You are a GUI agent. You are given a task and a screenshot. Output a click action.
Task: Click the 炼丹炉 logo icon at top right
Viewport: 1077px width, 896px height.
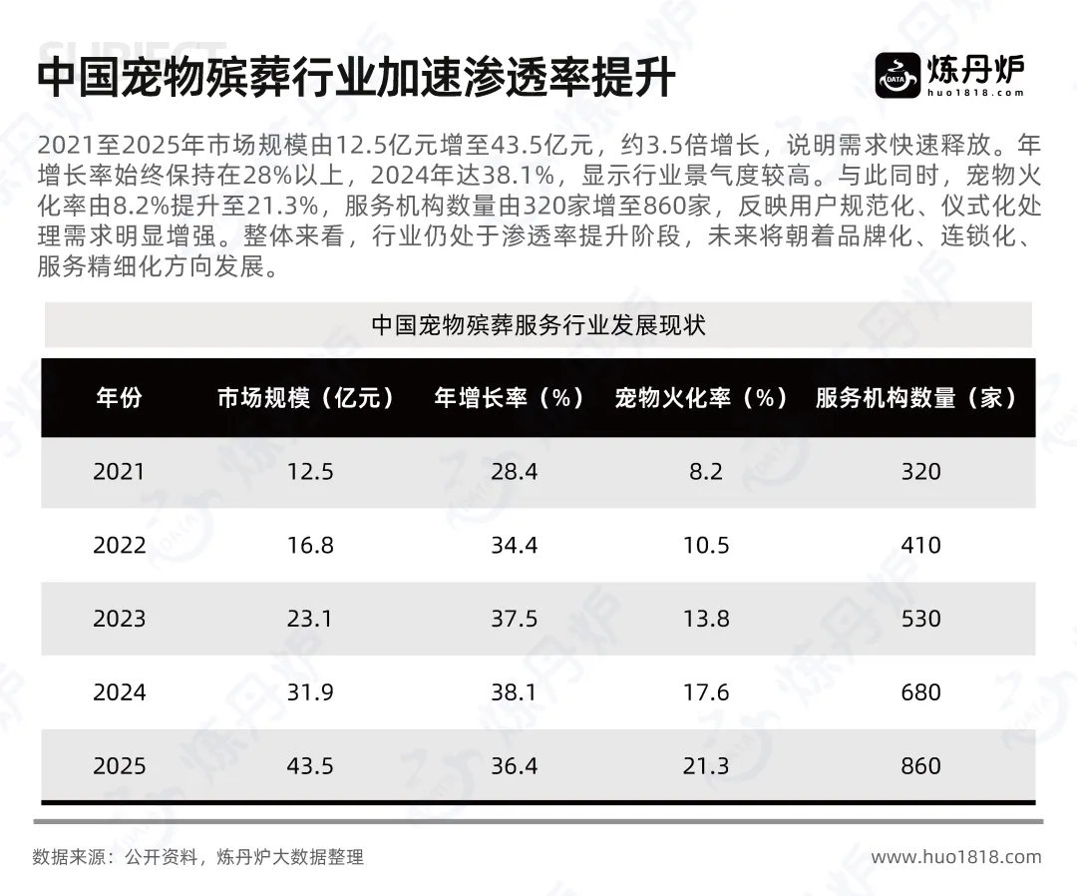(x=897, y=76)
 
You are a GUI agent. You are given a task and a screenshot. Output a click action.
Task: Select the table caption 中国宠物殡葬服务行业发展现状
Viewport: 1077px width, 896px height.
(x=538, y=325)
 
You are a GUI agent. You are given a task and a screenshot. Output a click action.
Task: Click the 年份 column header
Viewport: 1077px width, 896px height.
(x=119, y=398)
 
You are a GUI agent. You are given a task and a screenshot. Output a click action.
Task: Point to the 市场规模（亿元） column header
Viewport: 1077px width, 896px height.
(x=306, y=398)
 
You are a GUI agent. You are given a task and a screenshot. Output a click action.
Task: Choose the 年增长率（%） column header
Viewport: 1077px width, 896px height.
(x=510, y=398)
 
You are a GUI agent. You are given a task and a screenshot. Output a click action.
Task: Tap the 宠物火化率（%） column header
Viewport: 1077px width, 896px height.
(x=701, y=398)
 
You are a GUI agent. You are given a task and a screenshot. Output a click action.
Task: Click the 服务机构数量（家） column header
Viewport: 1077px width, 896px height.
(x=916, y=398)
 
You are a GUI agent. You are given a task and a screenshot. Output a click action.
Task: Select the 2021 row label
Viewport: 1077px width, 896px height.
(x=119, y=472)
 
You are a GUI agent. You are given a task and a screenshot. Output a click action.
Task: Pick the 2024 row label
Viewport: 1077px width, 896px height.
(x=119, y=692)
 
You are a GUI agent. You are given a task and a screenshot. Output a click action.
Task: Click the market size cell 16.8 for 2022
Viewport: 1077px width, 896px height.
(x=310, y=546)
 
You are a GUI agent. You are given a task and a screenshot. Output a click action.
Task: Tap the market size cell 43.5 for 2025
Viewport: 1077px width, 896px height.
(x=310, y=766)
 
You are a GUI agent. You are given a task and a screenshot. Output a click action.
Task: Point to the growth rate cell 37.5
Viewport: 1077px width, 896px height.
(x=514, y=619)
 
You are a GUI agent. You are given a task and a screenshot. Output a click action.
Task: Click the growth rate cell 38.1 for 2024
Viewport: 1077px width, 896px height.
(x=514, y=692)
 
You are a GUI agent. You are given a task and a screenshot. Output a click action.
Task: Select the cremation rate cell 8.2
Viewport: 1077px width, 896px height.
(x=706, y=472)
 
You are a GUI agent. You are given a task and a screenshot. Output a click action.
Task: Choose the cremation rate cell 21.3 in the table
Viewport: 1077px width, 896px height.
(x=705, y=766)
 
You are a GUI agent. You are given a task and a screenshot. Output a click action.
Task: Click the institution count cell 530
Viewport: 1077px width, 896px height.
(x=921, y=619)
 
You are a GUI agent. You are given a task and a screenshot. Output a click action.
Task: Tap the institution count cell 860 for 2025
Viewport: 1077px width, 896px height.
(x=921, y=766)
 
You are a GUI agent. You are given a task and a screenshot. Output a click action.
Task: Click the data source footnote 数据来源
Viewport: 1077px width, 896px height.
(x=197, y=857)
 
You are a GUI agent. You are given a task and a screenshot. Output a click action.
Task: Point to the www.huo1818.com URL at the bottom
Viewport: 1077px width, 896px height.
(x=956, y=857)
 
